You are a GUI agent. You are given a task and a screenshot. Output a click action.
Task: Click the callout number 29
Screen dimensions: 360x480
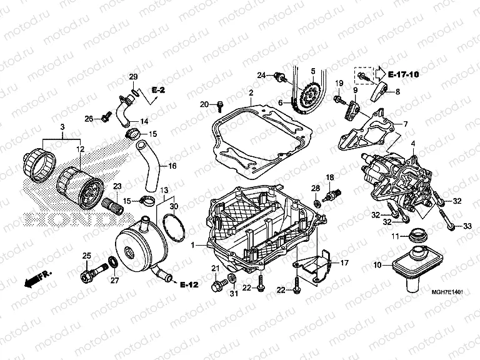point(132,76)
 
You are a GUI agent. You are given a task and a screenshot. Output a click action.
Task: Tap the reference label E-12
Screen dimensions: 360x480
point(189,285)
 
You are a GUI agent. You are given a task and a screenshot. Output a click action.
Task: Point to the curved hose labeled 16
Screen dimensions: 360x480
point(146,165)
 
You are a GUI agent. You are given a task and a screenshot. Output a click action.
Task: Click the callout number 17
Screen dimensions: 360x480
point(344,263)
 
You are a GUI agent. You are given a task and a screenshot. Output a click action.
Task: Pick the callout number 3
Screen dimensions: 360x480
point(62,127)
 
